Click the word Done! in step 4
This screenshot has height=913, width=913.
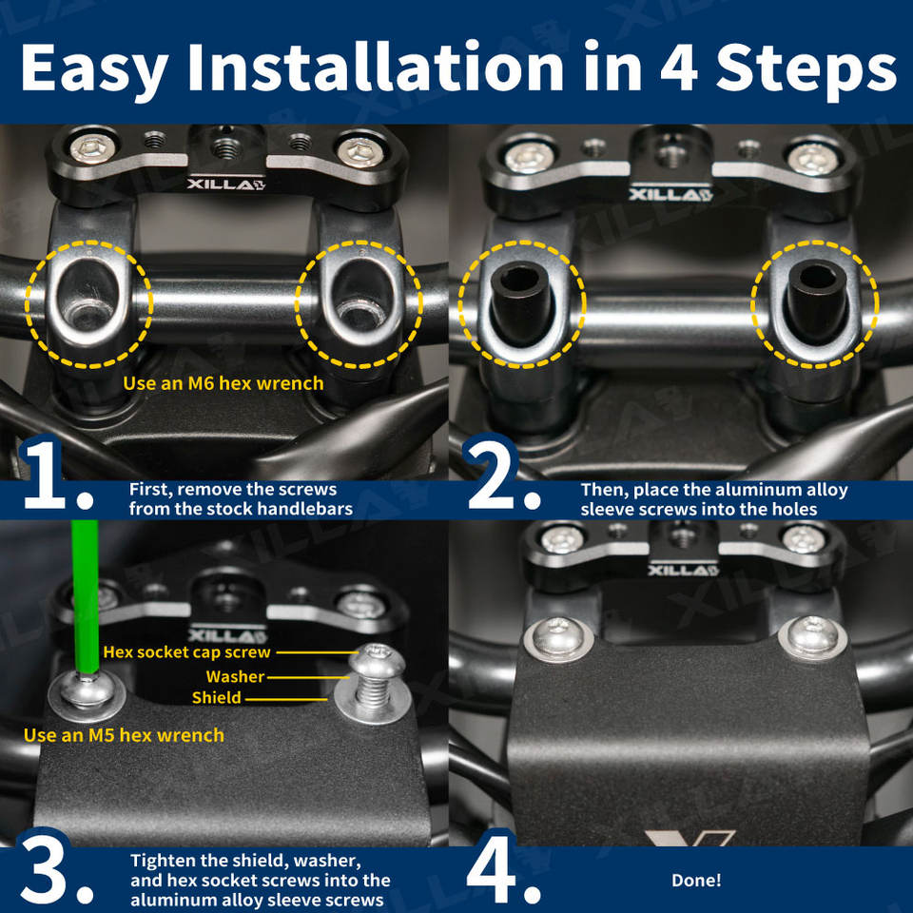click(696, 880)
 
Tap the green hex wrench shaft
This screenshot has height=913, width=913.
click(85, 597)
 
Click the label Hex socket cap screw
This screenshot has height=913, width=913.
click(187, 652)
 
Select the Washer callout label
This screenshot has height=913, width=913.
click(235, 676)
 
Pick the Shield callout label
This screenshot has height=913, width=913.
click(217, 697)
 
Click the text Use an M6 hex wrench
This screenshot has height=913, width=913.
click(223, 383)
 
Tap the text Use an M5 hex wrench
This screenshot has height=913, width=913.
click(124, 735)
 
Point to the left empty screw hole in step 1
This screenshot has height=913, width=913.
click(88, 297)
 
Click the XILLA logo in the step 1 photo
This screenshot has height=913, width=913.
click(226, 185)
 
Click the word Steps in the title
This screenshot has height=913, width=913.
click(806, 68)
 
